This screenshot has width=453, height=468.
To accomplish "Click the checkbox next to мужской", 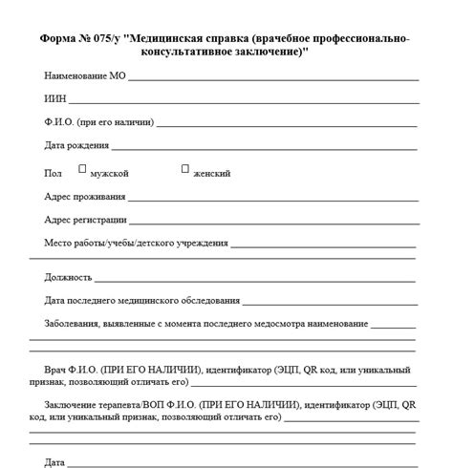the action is click(82, 169).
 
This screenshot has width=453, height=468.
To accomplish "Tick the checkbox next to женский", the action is click(185, 169).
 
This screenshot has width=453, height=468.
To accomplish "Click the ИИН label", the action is click(54, 98).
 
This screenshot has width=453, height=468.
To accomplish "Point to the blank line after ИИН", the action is click(244, 101).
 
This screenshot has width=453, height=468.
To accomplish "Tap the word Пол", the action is click(53, 174).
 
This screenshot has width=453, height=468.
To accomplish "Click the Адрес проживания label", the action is click(85, 197).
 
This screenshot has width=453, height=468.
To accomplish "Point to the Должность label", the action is click(68, 277).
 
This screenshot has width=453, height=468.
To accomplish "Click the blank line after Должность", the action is click(256, 281).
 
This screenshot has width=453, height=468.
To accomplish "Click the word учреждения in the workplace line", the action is click(200, 244).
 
